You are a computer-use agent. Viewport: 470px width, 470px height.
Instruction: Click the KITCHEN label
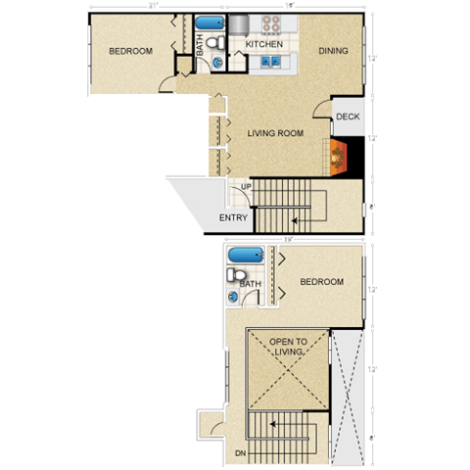pos(264,45)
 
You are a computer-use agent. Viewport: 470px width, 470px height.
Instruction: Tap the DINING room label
pos(333,51)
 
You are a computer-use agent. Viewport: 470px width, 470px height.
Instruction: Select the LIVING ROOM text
pos(275,133)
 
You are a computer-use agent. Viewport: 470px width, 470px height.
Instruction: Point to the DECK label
pos(348,117)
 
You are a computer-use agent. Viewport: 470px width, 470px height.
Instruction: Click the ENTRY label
pos(233,218)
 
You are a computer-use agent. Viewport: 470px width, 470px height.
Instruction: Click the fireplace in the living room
pos(339,154)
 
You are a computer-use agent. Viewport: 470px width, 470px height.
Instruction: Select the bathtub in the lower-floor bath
pos(209,23)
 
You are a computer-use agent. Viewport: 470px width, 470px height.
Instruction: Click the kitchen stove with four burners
pos(265,23)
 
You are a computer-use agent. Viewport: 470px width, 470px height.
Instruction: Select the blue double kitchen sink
pos(272,63)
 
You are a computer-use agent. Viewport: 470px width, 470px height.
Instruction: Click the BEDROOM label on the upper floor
pos(321,282)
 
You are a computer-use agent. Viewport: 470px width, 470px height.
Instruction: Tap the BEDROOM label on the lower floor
pos(130,51)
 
